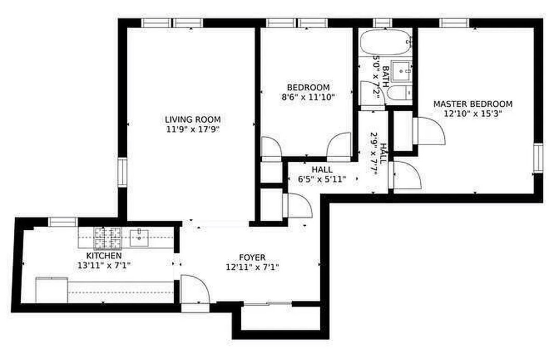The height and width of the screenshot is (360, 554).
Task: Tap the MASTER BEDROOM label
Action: click(473, 104)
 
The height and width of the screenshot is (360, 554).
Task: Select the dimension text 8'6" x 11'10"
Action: click(308, 97)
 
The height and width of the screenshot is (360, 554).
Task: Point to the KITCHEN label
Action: click(104, 255)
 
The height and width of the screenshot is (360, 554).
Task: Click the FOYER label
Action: click(252, 257)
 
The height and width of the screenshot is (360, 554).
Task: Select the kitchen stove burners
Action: click(107, 237)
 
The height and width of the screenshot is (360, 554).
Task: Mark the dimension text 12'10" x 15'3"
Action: click(473, 114)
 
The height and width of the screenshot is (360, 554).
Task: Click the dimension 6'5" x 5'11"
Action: click(322, 179)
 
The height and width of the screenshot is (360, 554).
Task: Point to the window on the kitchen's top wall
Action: click(63, 222)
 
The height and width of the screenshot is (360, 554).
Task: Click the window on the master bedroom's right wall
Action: click(538, 158)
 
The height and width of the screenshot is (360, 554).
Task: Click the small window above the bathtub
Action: click(383, 23)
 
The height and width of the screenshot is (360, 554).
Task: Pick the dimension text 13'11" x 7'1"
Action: click(104, 265)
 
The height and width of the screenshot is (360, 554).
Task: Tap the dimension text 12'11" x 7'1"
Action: click(252, 267)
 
